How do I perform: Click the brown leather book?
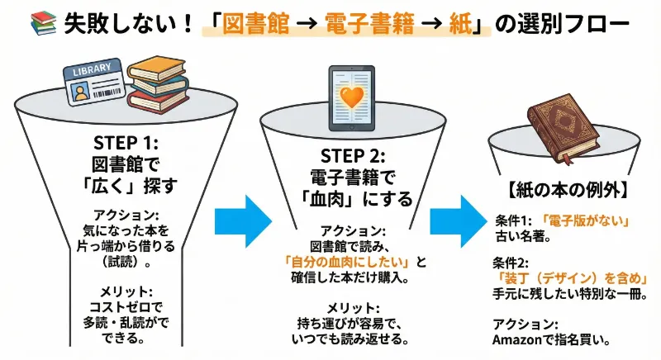[562, 125]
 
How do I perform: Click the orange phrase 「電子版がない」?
[586, 221]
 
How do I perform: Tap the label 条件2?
[512, 263]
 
